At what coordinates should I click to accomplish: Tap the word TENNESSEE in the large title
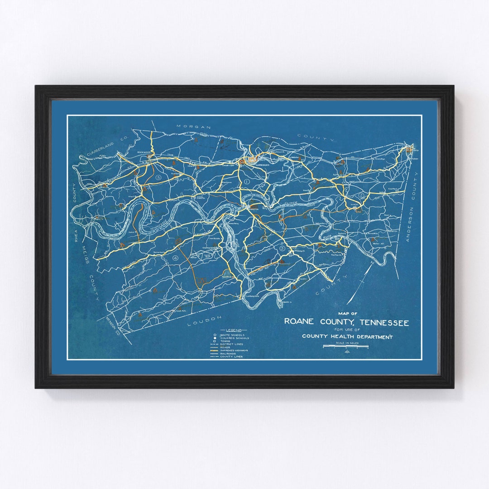click(384, 322)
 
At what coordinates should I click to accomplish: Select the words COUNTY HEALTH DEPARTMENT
click(347, 336)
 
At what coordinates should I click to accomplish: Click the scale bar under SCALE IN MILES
click(345, 347)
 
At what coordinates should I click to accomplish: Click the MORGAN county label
click(194, 127)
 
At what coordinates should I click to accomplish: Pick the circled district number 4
click(176, 258)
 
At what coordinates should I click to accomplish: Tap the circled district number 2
click(361, 195)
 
